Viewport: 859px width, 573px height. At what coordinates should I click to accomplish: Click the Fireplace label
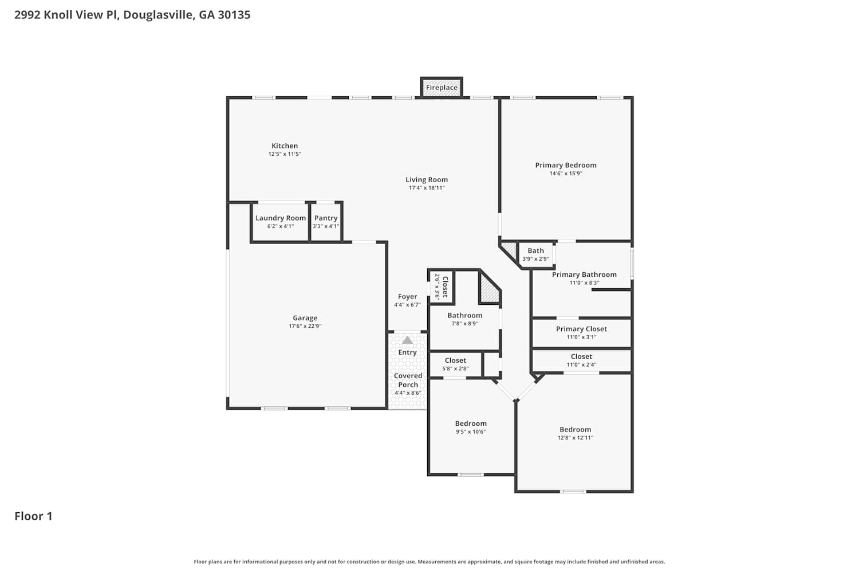[x=442, y=88]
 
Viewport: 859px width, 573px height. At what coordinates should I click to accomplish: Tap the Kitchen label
[x=285, y=146]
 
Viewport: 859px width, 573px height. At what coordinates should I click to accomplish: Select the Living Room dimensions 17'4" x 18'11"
[x=427, y=188]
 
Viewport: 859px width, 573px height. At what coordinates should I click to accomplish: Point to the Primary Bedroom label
[x=566, y=165]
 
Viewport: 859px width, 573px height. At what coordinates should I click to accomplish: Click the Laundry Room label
[x=281, y=218]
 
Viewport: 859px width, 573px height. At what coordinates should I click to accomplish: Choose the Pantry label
[x=326, y=218]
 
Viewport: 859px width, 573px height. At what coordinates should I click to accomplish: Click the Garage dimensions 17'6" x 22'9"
[x=305, y=326]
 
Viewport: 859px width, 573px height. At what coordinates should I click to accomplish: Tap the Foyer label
[x=407, y=297]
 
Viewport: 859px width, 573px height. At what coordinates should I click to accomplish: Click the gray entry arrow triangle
[x=407, y=340]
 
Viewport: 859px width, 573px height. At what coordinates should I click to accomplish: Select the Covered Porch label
[x=408, y=380]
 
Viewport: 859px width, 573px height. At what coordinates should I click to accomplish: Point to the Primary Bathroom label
[x=584, y=274]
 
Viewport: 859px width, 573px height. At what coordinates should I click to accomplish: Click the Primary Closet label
[x=581, y=329]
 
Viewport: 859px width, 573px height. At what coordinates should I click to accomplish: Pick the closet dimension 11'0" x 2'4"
[x=581, y=364]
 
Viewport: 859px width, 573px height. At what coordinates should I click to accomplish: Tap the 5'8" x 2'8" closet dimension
[x=455, y=368]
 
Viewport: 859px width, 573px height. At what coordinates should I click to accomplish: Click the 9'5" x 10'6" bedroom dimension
[x=471, y=431]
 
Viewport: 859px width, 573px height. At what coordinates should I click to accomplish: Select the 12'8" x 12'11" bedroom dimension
[x=575, y=438]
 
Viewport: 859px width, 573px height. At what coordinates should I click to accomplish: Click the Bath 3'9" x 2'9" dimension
[x=535, y=258]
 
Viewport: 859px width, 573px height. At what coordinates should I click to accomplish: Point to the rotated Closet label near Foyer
[x=445, y=286]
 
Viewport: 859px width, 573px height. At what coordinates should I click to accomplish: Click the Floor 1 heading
[x=33, y=516]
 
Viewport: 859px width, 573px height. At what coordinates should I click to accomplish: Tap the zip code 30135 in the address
[x=234, y=14]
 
